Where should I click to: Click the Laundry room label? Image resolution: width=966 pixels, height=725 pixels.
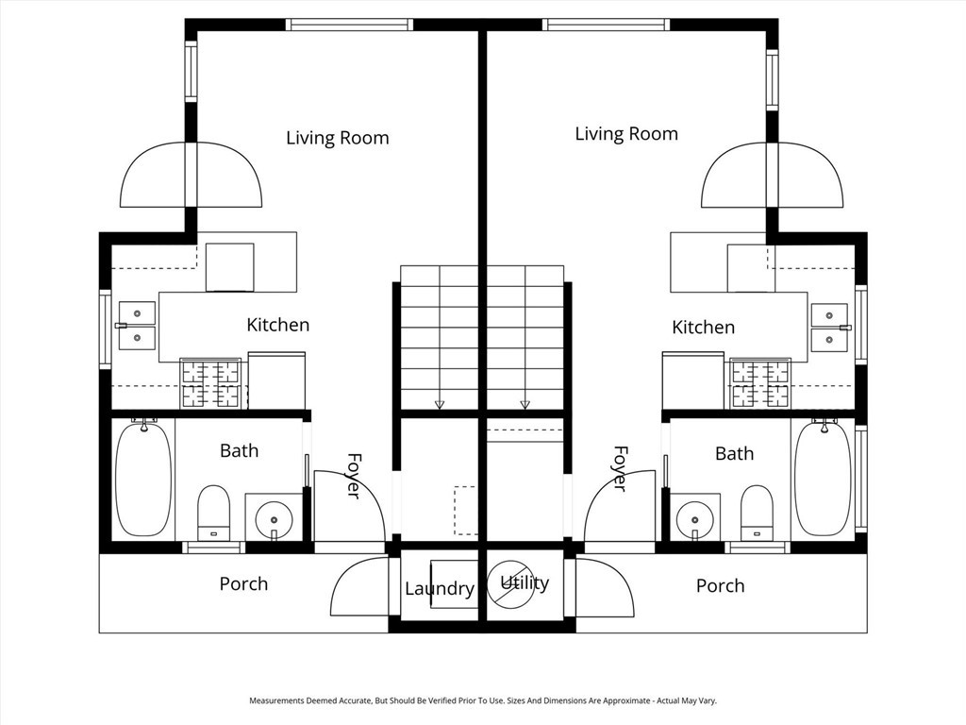[439, 589]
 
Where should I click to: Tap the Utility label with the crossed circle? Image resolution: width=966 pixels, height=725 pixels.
[524, 582]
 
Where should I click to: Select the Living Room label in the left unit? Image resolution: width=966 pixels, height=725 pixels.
[337, 138]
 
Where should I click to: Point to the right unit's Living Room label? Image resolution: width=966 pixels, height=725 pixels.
[626, 134]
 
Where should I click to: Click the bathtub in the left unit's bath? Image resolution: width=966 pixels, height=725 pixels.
[143, 479]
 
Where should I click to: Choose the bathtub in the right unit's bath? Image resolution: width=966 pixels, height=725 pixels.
[823, 479]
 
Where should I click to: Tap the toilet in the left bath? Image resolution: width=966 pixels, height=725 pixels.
[213, 511]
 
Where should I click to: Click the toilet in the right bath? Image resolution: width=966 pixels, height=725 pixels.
[757, 511]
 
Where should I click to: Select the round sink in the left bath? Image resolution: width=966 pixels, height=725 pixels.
[275, 516]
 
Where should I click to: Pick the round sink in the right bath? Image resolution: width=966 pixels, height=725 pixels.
[695, 516]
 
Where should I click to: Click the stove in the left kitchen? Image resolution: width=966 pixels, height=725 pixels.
[210, 383]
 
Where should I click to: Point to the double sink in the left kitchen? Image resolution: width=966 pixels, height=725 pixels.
[138, 324]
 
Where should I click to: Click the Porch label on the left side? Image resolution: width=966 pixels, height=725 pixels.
[243, 584]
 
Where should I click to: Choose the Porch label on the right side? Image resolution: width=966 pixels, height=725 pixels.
[720, 586]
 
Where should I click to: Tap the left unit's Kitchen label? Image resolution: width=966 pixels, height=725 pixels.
[277, 325]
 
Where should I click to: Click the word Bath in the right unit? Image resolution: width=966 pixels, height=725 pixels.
[734, 454]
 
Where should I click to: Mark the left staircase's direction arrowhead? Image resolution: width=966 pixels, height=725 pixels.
[439, 405]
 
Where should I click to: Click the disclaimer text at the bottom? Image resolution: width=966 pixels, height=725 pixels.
[483, 701]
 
